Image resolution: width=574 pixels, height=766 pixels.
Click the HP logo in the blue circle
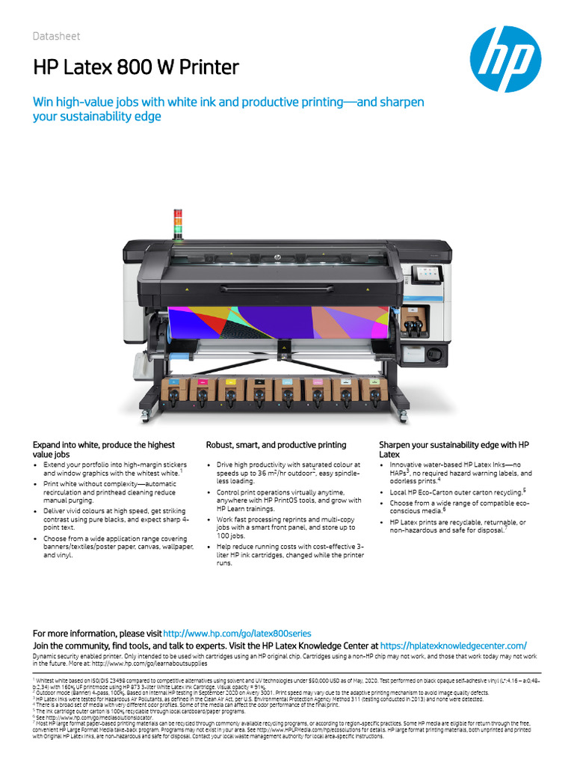[504, 59]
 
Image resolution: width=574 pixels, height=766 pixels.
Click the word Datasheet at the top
[56, 37]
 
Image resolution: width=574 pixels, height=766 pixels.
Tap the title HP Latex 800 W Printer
[136, 68]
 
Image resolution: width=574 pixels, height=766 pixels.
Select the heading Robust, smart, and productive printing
[276, 445]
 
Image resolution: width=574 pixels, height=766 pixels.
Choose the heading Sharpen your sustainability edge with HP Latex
[454, 450]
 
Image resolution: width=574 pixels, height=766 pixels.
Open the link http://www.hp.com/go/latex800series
[237, 633]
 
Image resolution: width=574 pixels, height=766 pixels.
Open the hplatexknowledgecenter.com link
[454, 645]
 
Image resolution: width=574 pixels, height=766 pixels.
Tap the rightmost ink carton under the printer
[371, 390]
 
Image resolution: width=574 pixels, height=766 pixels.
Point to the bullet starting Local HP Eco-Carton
[457, 491]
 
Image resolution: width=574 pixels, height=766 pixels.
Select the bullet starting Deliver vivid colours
[116, 518]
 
